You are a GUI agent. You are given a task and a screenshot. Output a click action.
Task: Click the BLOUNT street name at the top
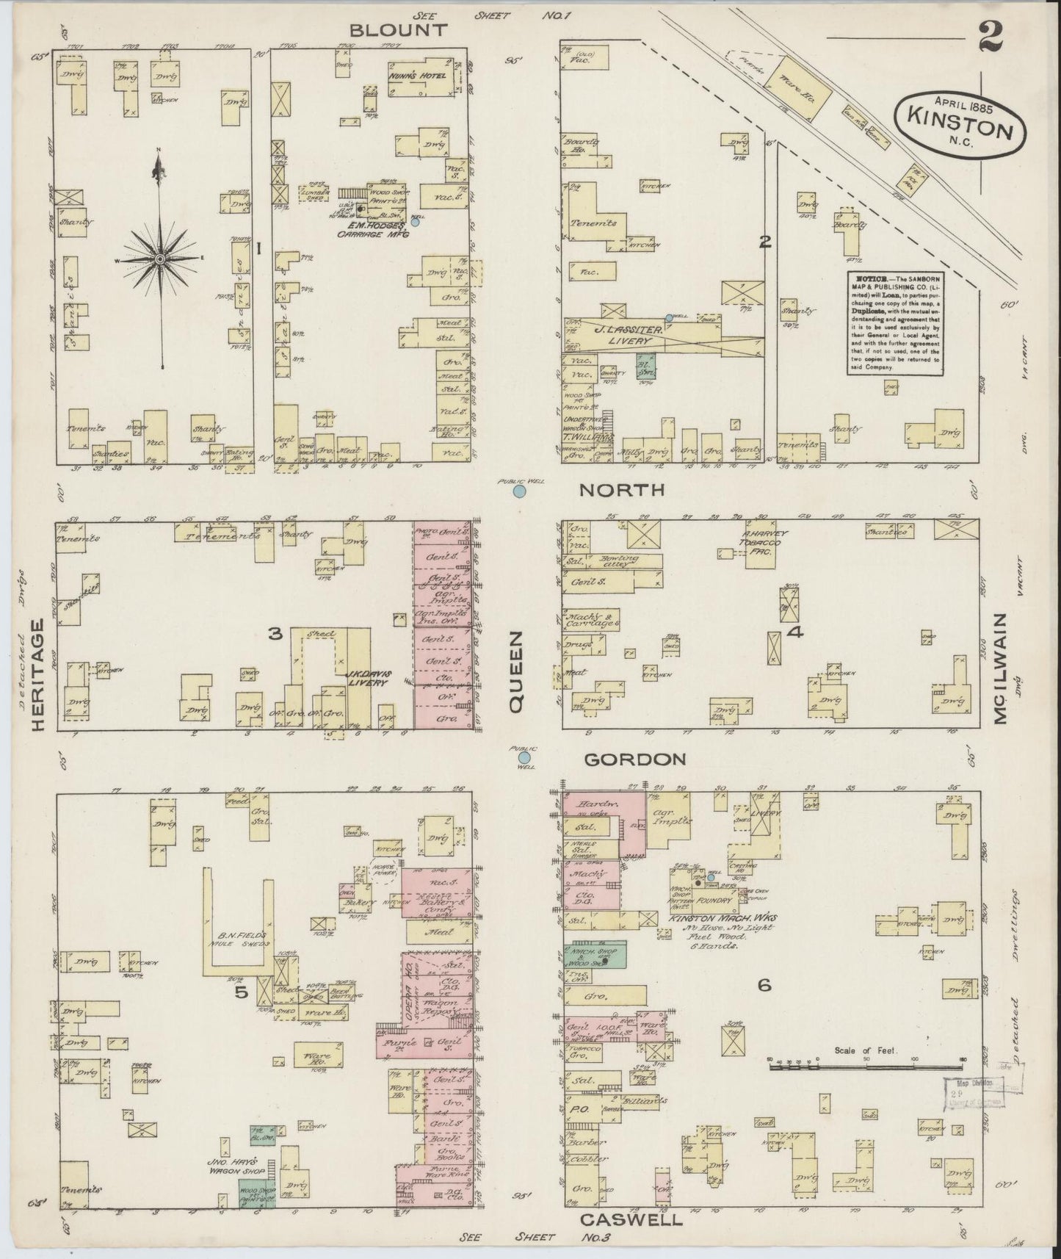pos(397,30)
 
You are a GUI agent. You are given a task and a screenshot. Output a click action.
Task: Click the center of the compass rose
pos(159,259)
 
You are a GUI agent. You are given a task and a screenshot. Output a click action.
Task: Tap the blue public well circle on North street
pos(519,491)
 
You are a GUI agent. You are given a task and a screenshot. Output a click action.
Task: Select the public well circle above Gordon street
pos(524,757)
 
